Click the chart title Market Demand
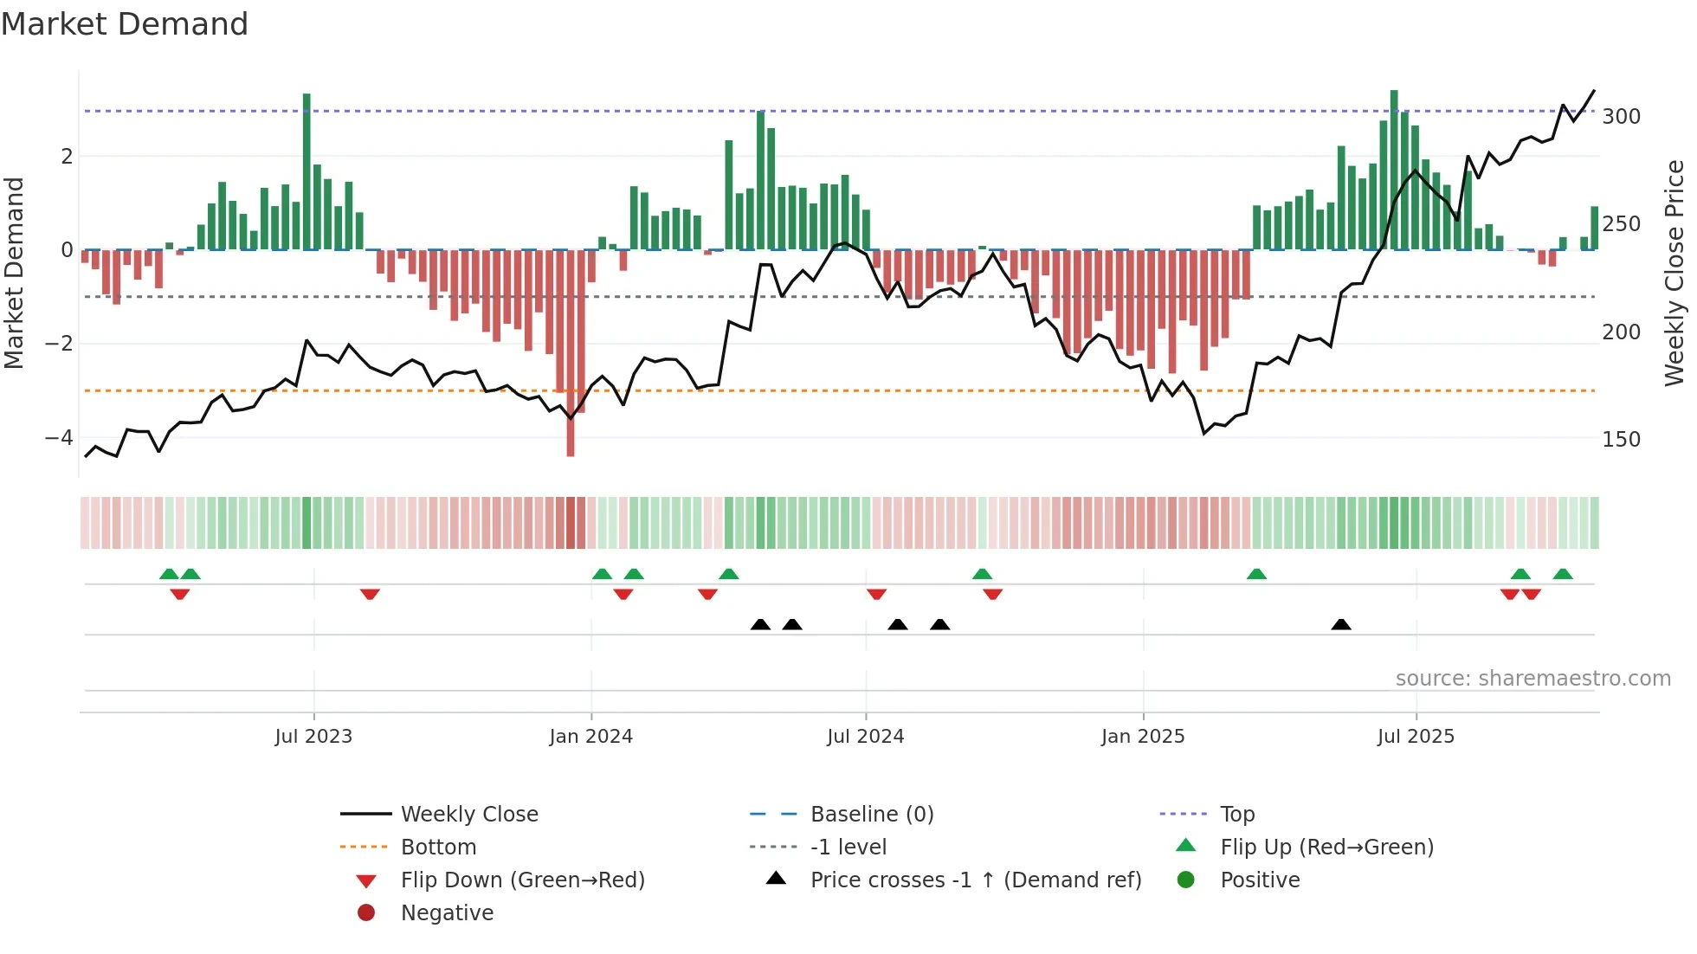(x=125, y=24)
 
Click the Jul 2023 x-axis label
(x=313, y=737)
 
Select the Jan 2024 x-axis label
(x=590, y=737)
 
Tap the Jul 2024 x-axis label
(x=865, y=737)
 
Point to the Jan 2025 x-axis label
(x=1143, y=737)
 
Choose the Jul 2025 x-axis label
(x=1416, y=737)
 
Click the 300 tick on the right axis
(x=1621, y=117)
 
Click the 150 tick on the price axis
(x=1621, y=440)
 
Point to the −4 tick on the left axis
(x=59, y=438)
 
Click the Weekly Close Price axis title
(x=1674, y=273)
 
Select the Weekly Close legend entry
(x=468, y=815)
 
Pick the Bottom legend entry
(x=438, y=848)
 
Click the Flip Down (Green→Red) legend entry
(x=522, y=880)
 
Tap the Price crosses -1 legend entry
(x=975, y=880)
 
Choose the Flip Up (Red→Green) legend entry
(x=1326, y=848)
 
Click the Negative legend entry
(x=447, y=913)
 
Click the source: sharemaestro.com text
(x=1532, y=679)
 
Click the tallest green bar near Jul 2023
(x=306, y=173)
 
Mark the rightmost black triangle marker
(x=1341, y=625)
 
